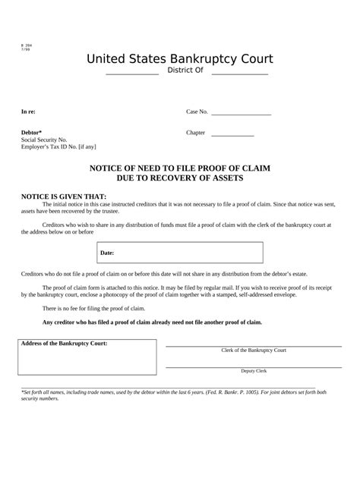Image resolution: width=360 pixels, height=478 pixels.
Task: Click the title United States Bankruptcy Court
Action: click(179, 58)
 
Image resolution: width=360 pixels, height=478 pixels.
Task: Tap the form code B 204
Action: click(27, 46)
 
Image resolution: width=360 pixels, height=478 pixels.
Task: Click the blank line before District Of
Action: click(132, 74)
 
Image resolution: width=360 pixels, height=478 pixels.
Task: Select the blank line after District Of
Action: click(239, 74)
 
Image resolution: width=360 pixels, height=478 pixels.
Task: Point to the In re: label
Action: click(28, 112)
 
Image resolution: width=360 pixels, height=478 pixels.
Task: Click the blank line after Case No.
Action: click(241, 114)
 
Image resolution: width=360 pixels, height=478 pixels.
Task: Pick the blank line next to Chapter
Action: click(232, 134)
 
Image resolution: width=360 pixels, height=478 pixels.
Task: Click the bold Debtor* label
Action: click(31, 132)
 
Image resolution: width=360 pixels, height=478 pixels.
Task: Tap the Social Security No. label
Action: click(44, 140)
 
